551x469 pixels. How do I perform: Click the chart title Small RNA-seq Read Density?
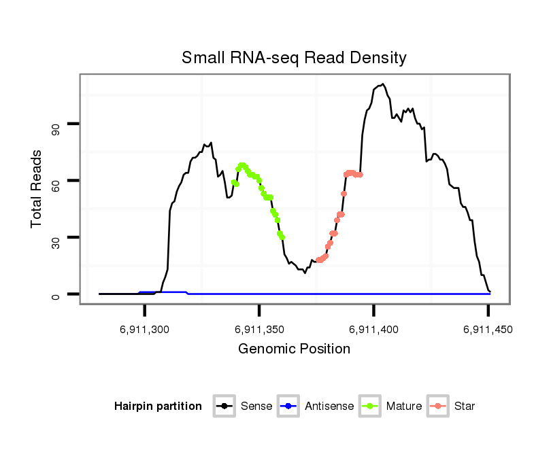pos(294,58)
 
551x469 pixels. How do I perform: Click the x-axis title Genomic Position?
pos(294,349)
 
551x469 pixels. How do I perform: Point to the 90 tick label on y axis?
pos(55,124)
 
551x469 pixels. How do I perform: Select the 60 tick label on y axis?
pos(55,181)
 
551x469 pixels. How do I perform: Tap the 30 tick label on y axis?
pos(55,237)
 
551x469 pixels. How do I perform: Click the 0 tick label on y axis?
pos(55,294)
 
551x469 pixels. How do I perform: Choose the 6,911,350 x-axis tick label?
pos(259,330)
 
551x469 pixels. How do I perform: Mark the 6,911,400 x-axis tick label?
pos(374,330)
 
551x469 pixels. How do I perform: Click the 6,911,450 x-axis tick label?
pos(488,330)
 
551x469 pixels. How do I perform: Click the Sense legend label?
pos(256,406)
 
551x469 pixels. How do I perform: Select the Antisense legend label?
pos(329,406)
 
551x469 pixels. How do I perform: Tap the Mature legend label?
pos(404,406)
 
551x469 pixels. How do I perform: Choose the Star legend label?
pos(464,406)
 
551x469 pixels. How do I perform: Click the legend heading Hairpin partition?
pos(158,406)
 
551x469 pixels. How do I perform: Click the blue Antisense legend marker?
pos(288,406)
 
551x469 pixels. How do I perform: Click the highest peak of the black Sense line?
pos(383,84)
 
